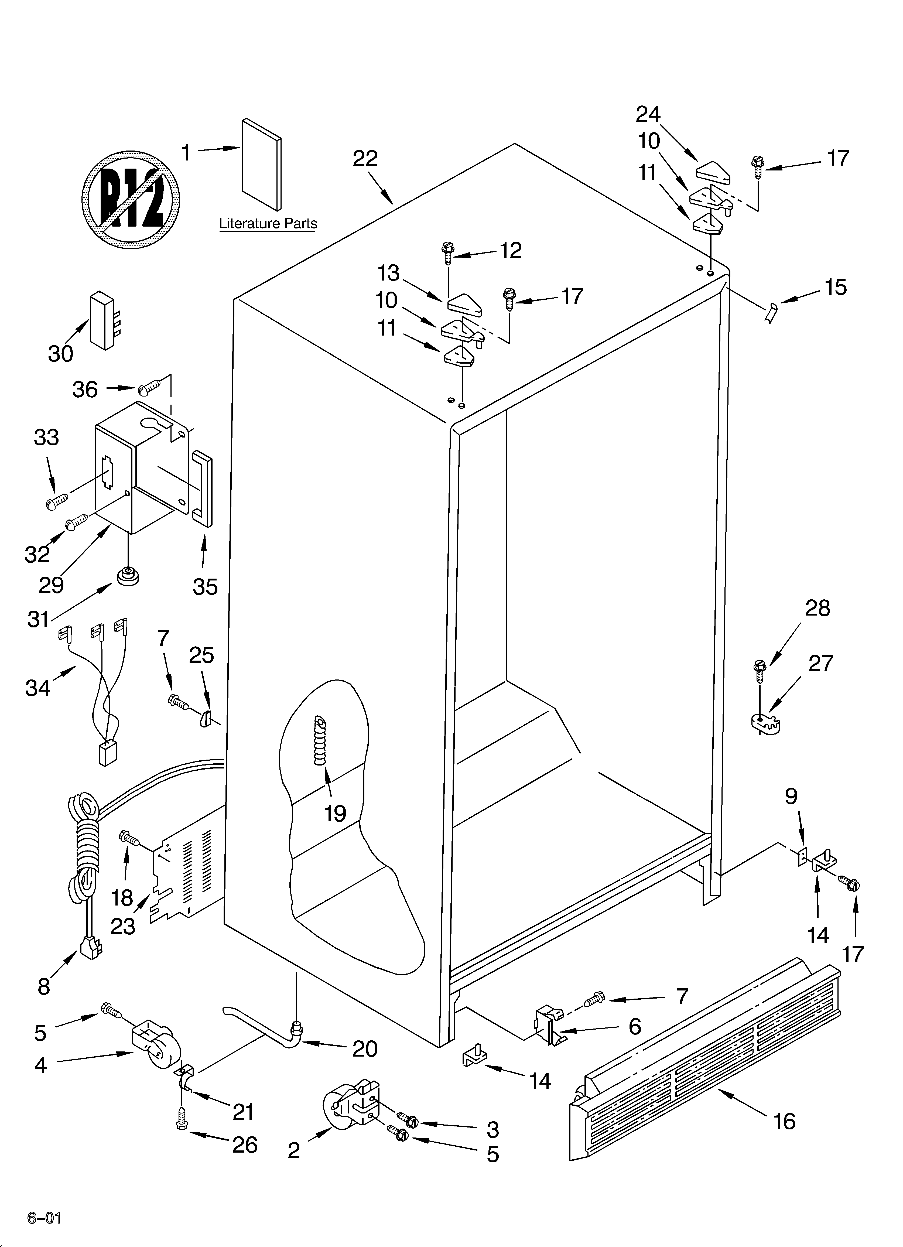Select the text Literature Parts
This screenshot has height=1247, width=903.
pos(268,224)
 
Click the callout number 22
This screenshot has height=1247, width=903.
pos(365,159)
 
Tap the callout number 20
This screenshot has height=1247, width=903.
pos(365,1049)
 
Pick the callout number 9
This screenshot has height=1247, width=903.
pos(791,796)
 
